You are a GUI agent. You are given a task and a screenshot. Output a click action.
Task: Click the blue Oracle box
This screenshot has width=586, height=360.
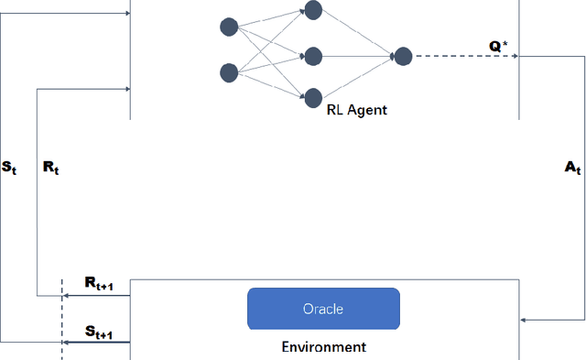pyautogui.click(x=323, y=309)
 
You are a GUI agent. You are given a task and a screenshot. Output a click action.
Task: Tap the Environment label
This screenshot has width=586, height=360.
pyautogui.click(x=323, y=347)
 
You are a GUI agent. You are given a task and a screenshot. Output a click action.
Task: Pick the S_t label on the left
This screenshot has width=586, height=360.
pyautogui.click(x=10, y=168)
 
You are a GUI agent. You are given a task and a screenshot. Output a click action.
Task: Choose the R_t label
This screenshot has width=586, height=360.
pyautogui.click(x=50, y=168)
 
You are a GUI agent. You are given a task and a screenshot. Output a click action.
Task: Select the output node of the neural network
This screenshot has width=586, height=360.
pyautogui.click(x=402, y=56)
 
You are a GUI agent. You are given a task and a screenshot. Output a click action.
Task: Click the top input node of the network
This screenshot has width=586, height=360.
pyautogui.click(x=229, y=27)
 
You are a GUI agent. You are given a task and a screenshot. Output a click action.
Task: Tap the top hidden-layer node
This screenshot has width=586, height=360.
pyautogui.click(x=314, y=11)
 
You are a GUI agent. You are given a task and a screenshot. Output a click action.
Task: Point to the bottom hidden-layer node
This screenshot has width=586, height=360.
pyautogui.click(x=314, y=96)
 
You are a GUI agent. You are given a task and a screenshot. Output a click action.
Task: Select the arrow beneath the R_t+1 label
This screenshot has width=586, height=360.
pyautogui.click(x=96, y=296)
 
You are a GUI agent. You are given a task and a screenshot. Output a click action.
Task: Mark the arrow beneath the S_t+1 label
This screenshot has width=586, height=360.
pyautogui.click(x=96, y=342)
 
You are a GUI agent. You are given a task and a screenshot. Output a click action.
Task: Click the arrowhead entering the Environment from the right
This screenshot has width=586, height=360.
pyautogui.click(x=523, y=320)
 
